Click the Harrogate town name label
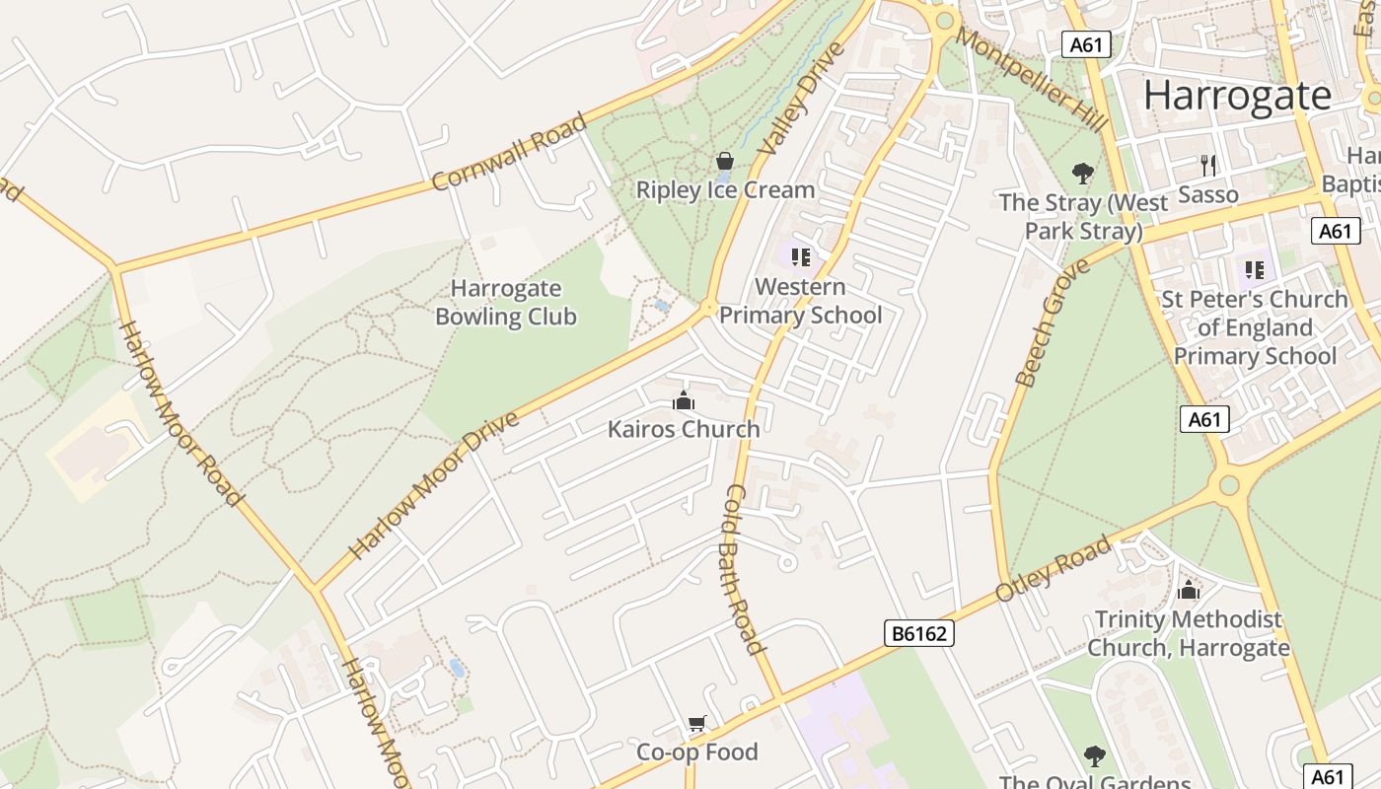tap(1237, 96)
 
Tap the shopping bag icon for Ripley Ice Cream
tap(725, 161)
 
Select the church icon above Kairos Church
tap(683, 400)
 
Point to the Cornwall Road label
tap(509, 151)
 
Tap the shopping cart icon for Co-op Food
tap(697, 725)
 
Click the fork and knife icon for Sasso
tap(1208, 165)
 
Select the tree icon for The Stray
tap(1083, 174)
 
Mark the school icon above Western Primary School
tap(800, 257)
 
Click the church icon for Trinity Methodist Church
tap(1189, 590)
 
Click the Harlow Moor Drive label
tap(434, 485)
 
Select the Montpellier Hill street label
tap(1032, 80)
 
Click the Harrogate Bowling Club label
tap(506, 303)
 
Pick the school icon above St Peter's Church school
tap(1254, 269)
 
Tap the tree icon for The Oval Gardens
tap(1094, 756)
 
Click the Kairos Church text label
tap(684, 429)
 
